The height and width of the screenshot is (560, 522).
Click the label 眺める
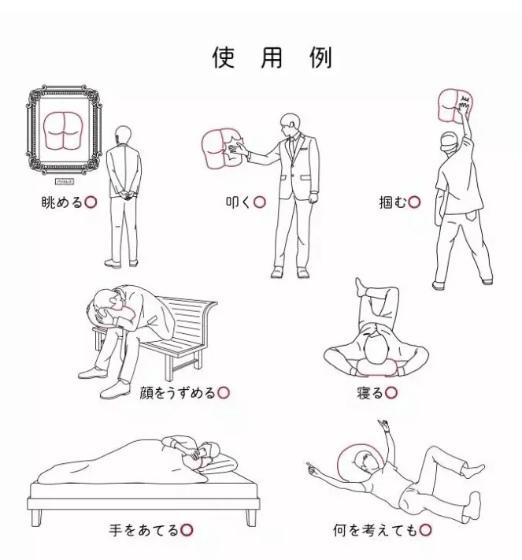(61, 202)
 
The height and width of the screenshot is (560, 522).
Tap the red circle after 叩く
(260, 202)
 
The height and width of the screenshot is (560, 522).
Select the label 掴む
(393, 202)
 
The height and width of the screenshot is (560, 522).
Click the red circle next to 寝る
(391, 391)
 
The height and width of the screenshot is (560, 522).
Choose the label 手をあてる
(144, 529)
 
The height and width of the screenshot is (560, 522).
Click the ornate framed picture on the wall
(65, 132)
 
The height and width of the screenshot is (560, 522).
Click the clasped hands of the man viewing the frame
(124, 190)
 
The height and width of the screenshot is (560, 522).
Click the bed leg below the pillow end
(250, 516)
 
